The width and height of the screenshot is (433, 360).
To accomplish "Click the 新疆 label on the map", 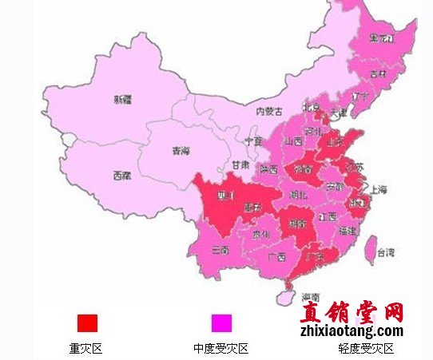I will point(122,100).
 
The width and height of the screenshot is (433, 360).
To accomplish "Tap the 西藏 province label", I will point(121,175).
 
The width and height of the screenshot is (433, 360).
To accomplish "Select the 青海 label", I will point(181,150).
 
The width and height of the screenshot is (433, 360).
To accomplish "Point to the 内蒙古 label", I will point(269,112).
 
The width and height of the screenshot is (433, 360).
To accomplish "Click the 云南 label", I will point(220,250).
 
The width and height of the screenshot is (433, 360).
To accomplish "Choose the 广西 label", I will point(277,256).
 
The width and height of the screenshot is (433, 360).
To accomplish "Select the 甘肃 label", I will point(240,164).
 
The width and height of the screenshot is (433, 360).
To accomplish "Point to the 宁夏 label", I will point(253,140).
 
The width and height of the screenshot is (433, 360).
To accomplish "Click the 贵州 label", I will point(260,235).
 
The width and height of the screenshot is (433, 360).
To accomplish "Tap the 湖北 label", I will point(298,194).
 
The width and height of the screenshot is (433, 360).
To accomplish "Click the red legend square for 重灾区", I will point(87,322).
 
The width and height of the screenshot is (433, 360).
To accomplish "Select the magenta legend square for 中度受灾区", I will point(221,322).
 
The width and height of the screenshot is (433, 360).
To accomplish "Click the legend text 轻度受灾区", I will point(367,349).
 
